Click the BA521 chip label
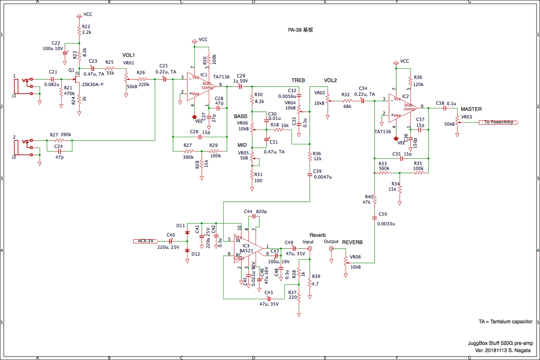point(247,251)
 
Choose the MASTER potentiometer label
point(471,109)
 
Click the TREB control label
point(298,80)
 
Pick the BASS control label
point(240,116)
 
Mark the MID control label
point(242,146)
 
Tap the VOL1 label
point(128,55)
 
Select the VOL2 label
point(330,80)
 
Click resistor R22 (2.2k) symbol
point(79,30)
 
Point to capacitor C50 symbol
point(375,218)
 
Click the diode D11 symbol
point(187,232)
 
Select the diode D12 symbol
point(187,251)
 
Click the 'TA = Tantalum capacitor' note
point(505,322)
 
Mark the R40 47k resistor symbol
point(375,200)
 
